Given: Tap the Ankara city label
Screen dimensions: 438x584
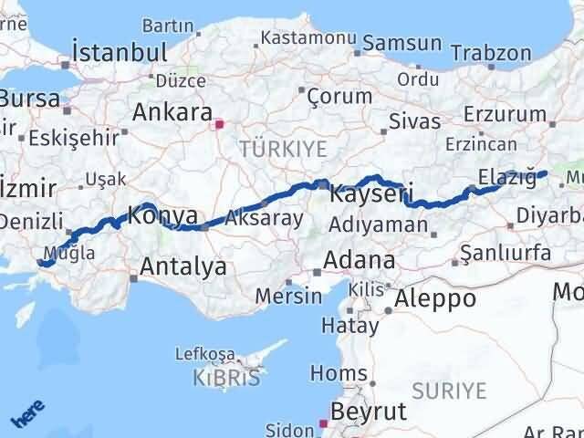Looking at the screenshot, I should coord(172,113).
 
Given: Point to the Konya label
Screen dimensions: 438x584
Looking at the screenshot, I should coord(163,216).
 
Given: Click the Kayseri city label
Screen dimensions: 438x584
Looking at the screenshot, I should coord(371,193).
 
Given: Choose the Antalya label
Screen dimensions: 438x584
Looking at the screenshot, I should coord(183,267).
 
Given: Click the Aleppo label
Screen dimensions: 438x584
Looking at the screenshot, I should coord(435,298).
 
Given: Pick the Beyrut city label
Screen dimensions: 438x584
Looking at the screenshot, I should coord(367,412).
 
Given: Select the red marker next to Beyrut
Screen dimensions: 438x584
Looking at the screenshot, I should coord(321,422).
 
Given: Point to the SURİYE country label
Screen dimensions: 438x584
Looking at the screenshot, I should coord(449,391).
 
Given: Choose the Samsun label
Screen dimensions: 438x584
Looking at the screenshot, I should coord(402,43).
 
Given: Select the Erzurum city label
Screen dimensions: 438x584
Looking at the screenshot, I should coord(503,113).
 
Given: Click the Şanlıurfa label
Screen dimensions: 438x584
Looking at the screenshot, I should coord(506,252).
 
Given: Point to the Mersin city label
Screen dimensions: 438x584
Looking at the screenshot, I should coord(288,296).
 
